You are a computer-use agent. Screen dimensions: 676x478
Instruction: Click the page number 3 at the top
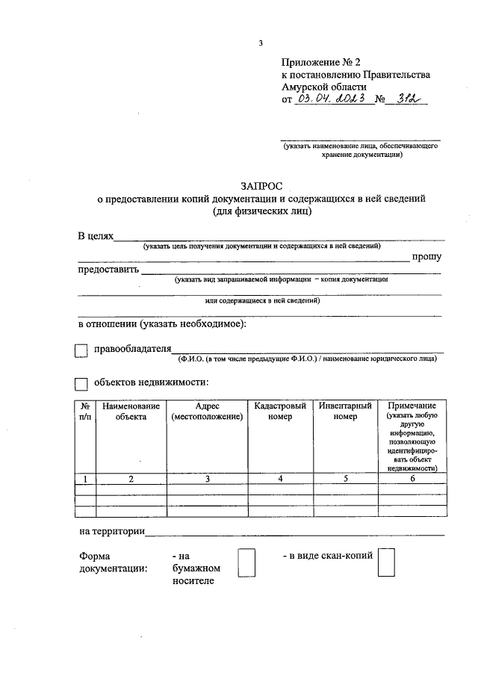pyautogui.click(x=261, y=43)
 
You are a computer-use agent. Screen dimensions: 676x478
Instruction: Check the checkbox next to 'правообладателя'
pyautogui.click(x=82, y=349)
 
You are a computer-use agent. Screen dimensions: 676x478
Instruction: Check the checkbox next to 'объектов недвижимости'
pyautogui.click(x=82, y=383)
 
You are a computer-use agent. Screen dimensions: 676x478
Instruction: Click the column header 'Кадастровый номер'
pyautogui.click(x=280, y=411)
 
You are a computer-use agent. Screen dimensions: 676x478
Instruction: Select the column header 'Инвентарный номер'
pyautogui.click(x=346, y=411)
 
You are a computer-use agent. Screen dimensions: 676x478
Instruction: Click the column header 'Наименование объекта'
pyautogui.click(x=131, y=411)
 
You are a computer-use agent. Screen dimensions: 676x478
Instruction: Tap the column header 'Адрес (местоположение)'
pyautogui.click(x=208, y=411)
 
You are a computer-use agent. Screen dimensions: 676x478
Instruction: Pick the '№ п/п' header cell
pyautogui.click(x=85, y=411)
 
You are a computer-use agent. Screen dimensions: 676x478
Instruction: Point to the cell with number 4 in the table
pyautogui.click(x=280, y=479)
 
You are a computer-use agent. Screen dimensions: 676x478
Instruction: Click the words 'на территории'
pyautogui.click(x=111, y=531)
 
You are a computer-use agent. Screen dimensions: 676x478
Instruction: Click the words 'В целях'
pyautogui.click(x=96, y=236)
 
